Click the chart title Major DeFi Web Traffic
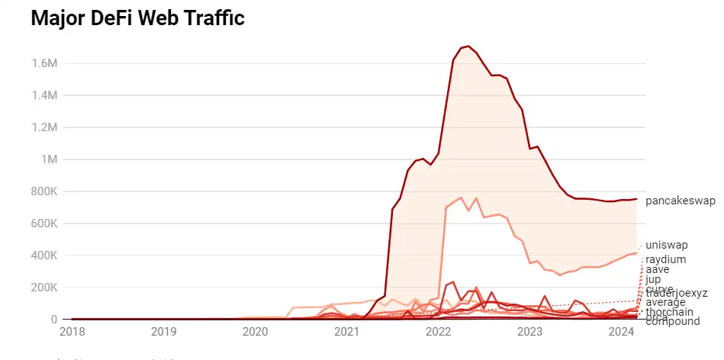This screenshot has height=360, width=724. point(137,19)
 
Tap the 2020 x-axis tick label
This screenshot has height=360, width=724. point(255,333)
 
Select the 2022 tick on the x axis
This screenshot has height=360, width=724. point(439,333)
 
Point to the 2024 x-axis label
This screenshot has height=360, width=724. point(622,333)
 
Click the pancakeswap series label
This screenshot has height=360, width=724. point(681,201)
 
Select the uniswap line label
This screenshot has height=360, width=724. point(667,245)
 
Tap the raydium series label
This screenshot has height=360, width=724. point(666,259)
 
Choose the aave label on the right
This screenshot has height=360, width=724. point(658,269)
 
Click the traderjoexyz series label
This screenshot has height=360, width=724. point(677,293)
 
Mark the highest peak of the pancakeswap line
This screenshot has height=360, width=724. point(468,46)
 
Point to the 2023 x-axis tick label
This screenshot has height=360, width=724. point(530,333)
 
